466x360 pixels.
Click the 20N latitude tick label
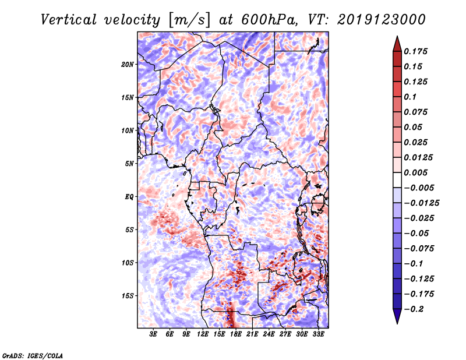tap(128, 64)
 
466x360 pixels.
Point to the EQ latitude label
tap(129, 197)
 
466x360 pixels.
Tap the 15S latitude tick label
tap(128, 296)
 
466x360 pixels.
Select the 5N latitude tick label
tap(129, 164)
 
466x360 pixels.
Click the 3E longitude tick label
tap(153, 334)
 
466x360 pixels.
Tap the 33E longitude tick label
tap(318, 334)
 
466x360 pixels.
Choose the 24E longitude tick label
tap(269, 334)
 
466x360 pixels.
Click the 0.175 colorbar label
tap(415, 51)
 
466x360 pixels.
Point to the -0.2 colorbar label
tap(414, 309)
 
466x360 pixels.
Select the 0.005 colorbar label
tap(415, 172)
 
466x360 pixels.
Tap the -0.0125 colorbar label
tap(421, 203)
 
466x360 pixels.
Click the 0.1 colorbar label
tap(410, 97)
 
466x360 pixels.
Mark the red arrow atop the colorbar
tap(397, 44)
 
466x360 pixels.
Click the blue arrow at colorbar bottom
tap(397, 316)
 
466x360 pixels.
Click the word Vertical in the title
tap(69, 20)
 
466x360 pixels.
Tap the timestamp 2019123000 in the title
tap(382, 20)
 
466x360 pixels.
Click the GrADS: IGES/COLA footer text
tap(33, 355)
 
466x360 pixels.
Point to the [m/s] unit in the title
tap(189, 20)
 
